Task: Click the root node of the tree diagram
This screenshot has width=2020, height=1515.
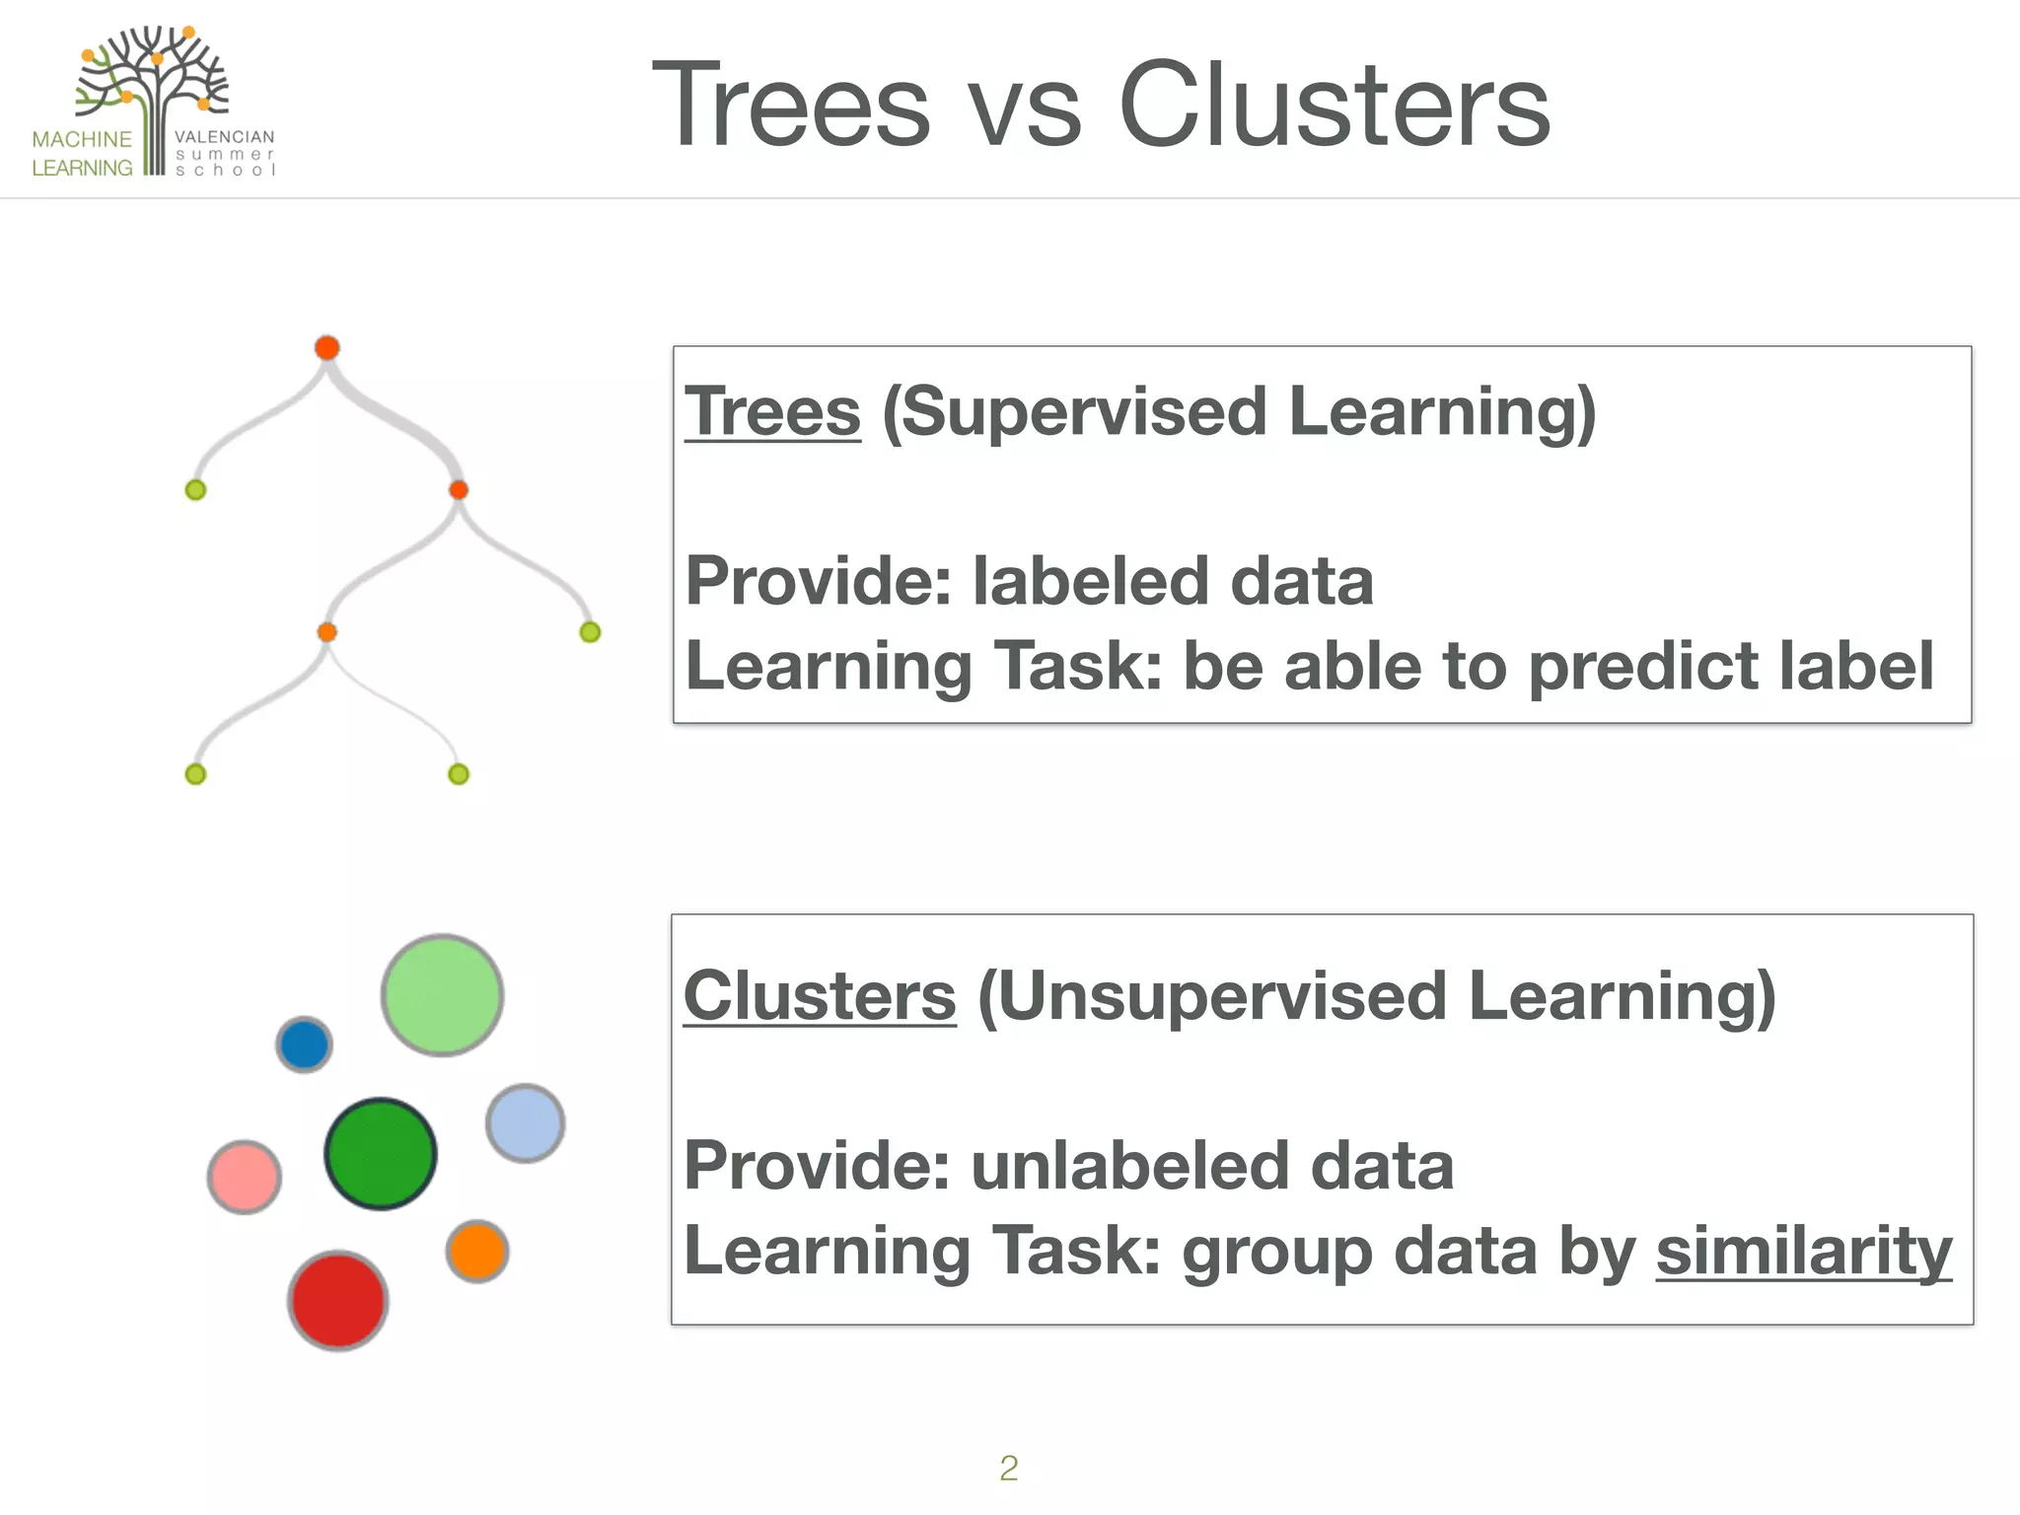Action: point(327,347)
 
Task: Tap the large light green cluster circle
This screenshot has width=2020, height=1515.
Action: point(442,995)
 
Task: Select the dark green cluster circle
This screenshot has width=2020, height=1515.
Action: point(380,1153)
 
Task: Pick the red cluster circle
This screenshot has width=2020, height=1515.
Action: point(338,1300)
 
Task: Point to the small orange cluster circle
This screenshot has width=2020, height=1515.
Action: point(477,1251)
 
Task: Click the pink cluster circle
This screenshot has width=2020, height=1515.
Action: point(245,1177)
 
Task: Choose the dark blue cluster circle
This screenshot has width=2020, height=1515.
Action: point(304,1045)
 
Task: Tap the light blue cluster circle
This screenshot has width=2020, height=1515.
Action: point(526,1122)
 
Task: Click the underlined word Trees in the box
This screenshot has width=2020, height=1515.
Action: point(772,411)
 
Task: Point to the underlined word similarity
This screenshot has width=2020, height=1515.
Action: point(1803,1250)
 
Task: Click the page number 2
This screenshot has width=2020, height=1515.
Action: point(1008,1468)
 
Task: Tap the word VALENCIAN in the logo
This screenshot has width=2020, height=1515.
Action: point(225,137)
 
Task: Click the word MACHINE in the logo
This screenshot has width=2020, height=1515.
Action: point(82,139)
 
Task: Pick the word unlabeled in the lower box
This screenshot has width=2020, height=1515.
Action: point(1130,1165)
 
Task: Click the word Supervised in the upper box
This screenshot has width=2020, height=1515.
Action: point(1084,411)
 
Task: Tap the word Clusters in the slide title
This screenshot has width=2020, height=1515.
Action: point(1334,105)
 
